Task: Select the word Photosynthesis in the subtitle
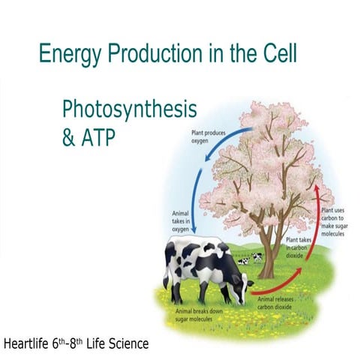coord(129,109)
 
